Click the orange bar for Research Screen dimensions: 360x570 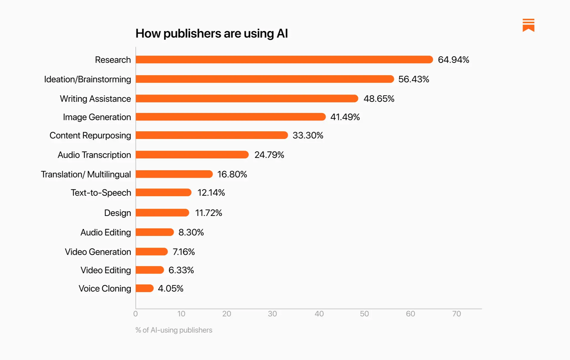pos(284,60)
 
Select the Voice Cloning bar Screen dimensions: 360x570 pos(145,288)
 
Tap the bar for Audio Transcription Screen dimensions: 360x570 pos(192,155)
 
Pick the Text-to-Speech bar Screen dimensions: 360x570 pos(163,193)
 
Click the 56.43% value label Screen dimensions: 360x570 pos(413,79)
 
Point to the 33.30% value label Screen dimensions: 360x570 pos(308,135)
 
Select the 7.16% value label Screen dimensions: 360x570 pos(184,252)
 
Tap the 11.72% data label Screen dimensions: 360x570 pos(208,213)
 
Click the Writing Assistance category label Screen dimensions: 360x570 pos(95,99)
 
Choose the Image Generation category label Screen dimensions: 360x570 pos(97,117)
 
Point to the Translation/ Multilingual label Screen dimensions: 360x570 pos(86,174)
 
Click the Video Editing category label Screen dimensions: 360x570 pos(106,270)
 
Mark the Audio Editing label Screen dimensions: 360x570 pos(106,232)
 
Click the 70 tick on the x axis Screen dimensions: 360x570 pos(456,314)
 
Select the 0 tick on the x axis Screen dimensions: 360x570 pos(136,314)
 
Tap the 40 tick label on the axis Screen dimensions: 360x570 pos(319,314)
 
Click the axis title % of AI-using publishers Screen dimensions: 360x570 pos(174,330)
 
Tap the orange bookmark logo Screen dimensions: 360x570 pos(528,25)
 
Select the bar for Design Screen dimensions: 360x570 pos(162,213)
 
